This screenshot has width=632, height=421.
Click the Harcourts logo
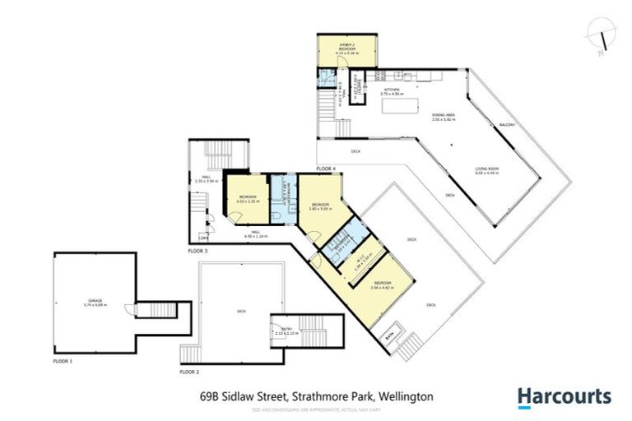pos(564,396)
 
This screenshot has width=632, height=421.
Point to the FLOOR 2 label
pos(189,372)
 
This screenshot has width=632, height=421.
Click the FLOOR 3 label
pos(198,250)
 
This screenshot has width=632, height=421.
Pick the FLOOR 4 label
pos(327,169)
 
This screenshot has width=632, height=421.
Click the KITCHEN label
pos(390,90)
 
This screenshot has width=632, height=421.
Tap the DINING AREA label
pos(444,117)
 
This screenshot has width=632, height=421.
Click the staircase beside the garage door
pos(156,310)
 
